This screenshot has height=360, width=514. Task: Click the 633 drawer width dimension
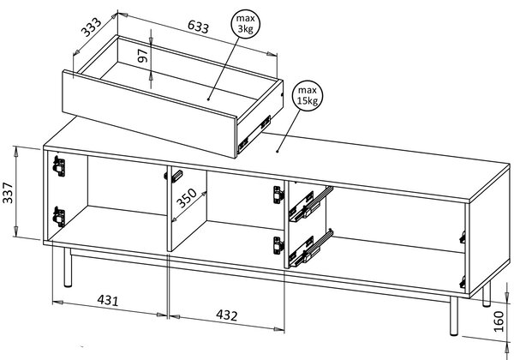click(x=198, y=27)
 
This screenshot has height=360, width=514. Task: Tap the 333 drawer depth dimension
click(x=92, y=27)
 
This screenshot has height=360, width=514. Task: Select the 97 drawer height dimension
click(x=143, y=56)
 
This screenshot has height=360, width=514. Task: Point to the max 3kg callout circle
click(x=245, y=24)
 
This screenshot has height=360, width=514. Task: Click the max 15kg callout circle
click(x=308, y=96)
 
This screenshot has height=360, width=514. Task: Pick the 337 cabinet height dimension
click(x=8, y=193)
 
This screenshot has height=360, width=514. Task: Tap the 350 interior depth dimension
click(x=187, y=198)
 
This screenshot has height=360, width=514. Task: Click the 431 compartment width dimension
click(x=108, y=300)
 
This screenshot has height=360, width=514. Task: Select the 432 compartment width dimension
click(x=226, y=315)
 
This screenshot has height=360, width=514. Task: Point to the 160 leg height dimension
click(x=499, y=321)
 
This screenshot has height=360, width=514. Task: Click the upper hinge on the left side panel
click(x=59, y=166)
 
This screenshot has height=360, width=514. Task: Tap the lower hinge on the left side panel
click(x=59, y=217)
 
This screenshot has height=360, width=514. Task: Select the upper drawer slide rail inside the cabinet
click(x=310, y=204)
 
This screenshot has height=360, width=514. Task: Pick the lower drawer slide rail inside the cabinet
click(x=310, y=249)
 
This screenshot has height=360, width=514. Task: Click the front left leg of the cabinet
click(x=68, y=267)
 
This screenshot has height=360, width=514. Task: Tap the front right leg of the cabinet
click(x=454, y=315)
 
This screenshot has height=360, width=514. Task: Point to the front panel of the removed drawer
click(x=149, y=114)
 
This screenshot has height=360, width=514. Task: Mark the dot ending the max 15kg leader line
click(x=278, y=152)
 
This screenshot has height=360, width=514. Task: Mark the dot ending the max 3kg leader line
click(x=208, y=99)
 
